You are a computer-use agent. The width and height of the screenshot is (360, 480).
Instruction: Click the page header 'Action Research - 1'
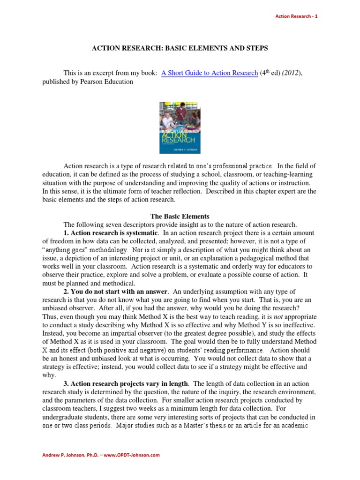click(296, 16)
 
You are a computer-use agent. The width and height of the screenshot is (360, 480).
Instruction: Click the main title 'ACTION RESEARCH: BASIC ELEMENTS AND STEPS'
click(180, 48)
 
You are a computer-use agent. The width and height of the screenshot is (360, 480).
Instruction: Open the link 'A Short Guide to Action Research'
click(210, 73)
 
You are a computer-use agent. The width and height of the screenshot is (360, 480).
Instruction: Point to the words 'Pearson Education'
click(110, 82)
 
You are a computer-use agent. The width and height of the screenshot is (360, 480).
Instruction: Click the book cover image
click(180, 127)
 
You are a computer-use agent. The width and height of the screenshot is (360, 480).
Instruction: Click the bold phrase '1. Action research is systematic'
click(111, 233)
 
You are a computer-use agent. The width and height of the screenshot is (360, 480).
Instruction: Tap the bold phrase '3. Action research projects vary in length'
click(126, 383)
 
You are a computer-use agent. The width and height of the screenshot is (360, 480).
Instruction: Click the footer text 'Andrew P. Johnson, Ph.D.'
click(73, 455)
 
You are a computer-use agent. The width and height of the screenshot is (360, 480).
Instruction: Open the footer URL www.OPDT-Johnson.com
click(135, 455)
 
